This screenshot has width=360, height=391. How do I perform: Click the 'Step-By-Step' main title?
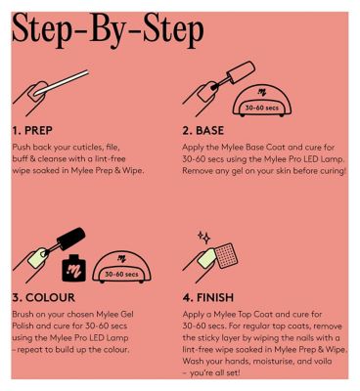(108, 31)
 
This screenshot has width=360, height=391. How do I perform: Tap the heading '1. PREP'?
(32, 131)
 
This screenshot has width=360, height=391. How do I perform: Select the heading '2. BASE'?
(203, 131)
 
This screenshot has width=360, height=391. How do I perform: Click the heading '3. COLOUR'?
(44, 297)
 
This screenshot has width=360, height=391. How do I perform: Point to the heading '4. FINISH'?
(208, 297)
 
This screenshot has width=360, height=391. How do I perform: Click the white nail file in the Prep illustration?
(62, 82)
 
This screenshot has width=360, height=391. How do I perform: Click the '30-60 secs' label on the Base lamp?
(262, 108)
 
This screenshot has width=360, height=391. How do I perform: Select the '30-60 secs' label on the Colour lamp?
(121, 274)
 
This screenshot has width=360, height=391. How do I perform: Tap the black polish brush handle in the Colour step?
(71, 236)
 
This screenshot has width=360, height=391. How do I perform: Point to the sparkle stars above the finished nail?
(204, 238)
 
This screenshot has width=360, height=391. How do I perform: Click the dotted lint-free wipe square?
(227, 255)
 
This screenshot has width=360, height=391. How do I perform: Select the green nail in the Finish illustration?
(206, 258)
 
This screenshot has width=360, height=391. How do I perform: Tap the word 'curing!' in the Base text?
(333, 171)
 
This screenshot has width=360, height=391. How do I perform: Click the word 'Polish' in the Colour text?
(22, 326)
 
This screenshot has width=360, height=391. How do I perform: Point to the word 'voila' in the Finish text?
(322, 362)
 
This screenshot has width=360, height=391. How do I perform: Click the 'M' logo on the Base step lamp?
(262, 93)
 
